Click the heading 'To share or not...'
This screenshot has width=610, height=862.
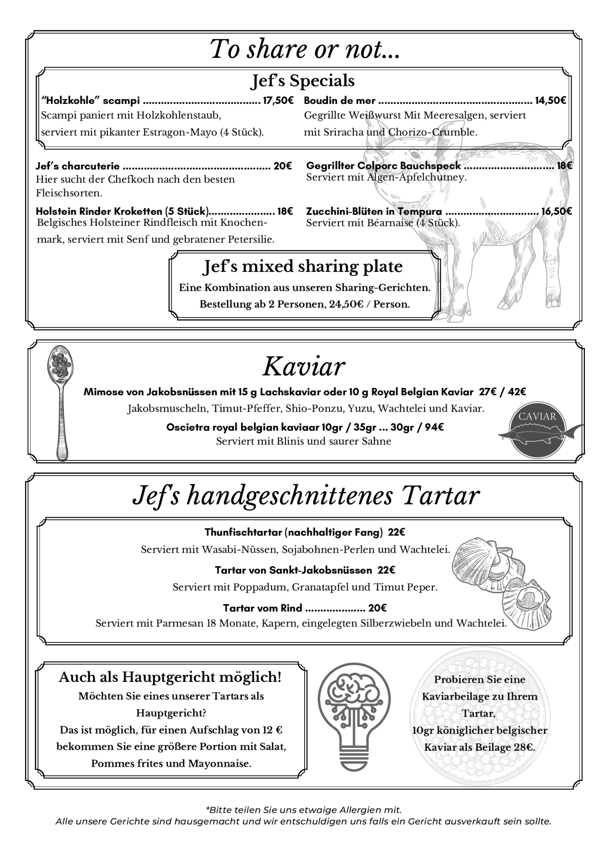click(x=305, y=49)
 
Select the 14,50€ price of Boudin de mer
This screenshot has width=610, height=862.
click(x=550, y=101)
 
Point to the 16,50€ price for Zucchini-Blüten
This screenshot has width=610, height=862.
click(x=557, y=211)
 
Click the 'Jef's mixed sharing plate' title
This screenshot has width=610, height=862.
click(x=303, y=266)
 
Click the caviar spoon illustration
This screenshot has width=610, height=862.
click(x=60, y=401)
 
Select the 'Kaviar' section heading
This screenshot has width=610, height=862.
click(x=304, y=366)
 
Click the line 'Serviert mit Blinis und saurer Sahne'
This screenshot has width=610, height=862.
click(x=304, y=441)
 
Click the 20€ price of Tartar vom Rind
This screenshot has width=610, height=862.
click(x=377, y=608)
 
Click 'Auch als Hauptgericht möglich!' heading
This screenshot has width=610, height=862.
click(x=170, y=677)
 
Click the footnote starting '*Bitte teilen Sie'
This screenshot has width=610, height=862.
click(x=304, y=810)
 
